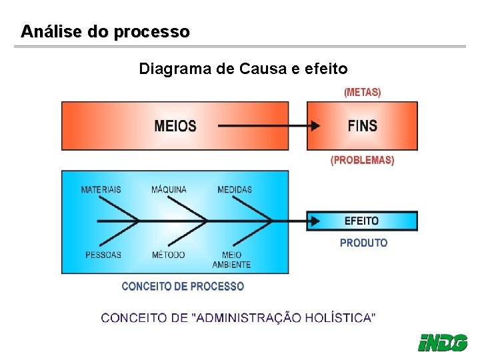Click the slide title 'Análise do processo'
[105, 31]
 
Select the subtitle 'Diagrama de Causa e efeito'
[243, 69]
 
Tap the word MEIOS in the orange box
[175, 126]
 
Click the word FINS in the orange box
[362, 125]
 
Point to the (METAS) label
[363, 93]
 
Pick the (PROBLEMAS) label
[363, 160]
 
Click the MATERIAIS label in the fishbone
[101, 189]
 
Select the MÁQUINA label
[169, 189]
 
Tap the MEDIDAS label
[235, 189]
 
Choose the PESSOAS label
[103, 255]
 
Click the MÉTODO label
[168, 255]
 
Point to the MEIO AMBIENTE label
[231, 260]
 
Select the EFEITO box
[362, 221]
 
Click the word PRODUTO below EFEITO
[363, 243]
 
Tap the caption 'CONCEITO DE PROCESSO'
[183, 286]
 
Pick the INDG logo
[442, 342]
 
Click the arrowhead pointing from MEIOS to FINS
[314, 126]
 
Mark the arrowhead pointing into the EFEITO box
[314, 221]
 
